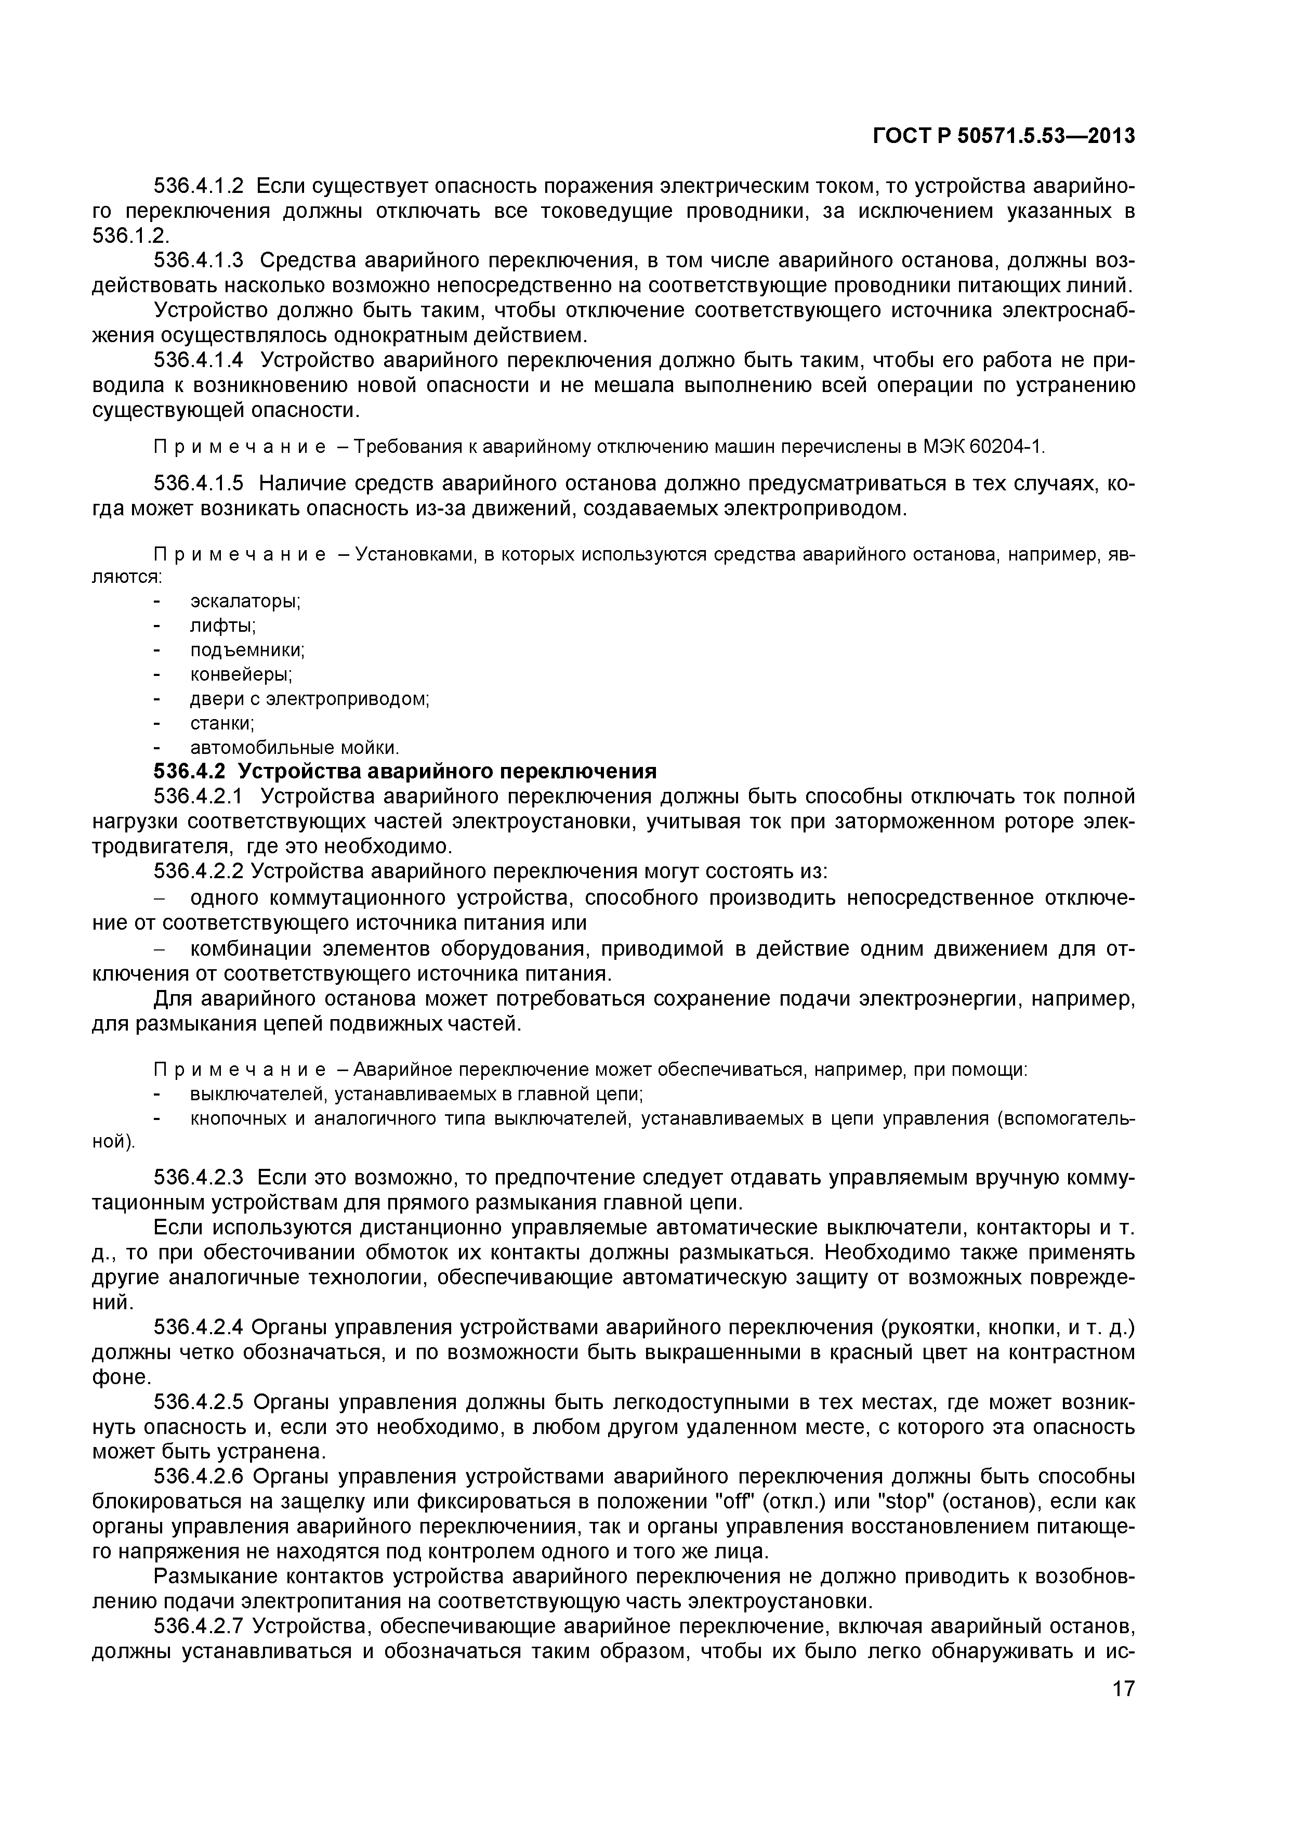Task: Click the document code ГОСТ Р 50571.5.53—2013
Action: tap(1004, 137)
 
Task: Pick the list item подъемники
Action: tap(247, 650)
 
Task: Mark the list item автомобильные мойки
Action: tap(294, 748)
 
